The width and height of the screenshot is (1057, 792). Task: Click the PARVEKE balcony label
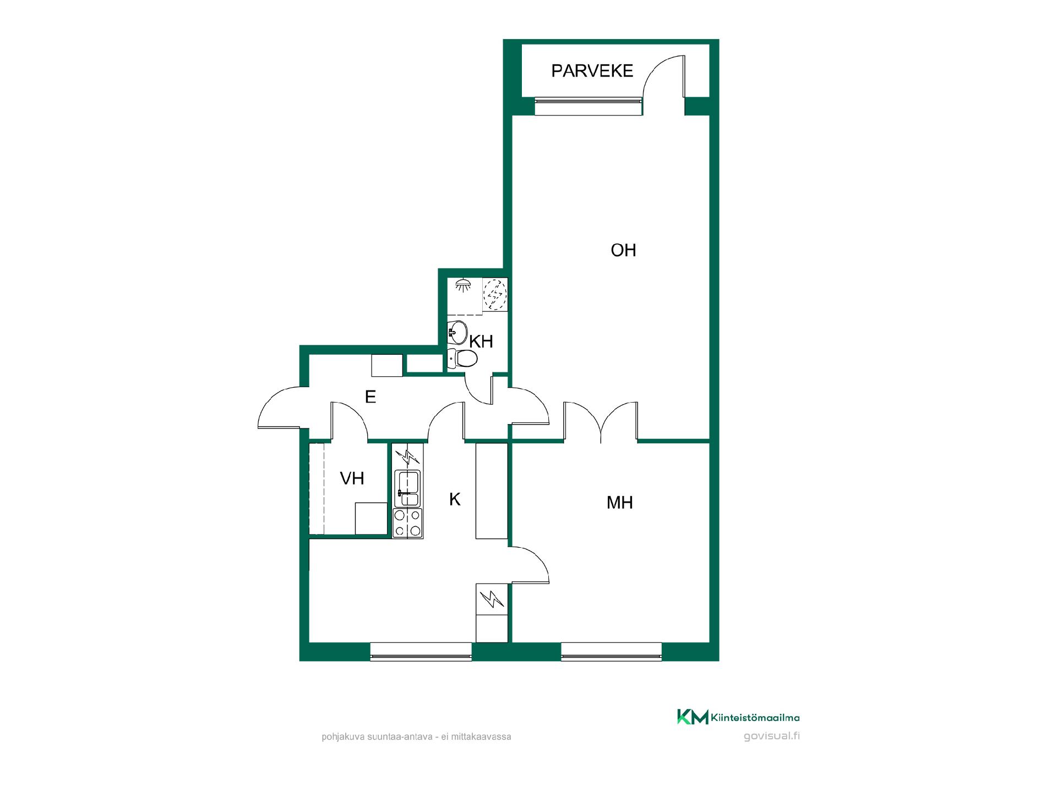coord(592,71)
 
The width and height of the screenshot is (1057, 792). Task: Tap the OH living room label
coord(623,251)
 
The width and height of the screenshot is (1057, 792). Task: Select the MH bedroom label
coord(620,503)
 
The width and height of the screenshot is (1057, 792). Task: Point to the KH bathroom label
coord(481,342)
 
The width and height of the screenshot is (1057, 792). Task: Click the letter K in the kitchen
coord(455,499)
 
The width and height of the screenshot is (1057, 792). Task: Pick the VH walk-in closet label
coord(352,479)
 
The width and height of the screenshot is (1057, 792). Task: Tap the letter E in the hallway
coord(371,397)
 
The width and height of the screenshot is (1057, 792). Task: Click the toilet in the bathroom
coord(462,359)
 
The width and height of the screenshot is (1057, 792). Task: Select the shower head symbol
coord(462,285)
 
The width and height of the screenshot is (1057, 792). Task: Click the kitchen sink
coord(407,488)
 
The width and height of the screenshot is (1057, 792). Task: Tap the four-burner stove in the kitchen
coord(407,523)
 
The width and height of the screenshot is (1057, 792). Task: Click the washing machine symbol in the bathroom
coord(494,295)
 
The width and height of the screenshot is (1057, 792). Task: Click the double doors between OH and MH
coord(601,422)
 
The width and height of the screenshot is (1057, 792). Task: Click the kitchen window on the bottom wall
coord(421,651)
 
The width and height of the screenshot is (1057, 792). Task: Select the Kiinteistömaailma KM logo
coord(738,717)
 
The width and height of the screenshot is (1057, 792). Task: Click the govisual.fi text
coord(772,736)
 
